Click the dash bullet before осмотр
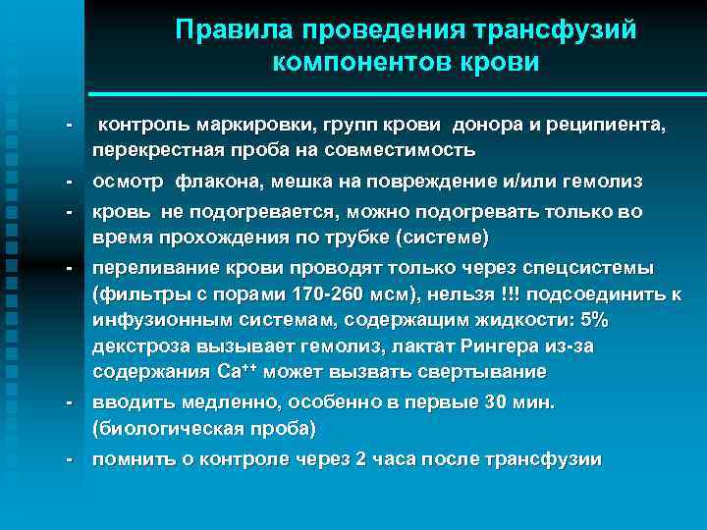(69, 182)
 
